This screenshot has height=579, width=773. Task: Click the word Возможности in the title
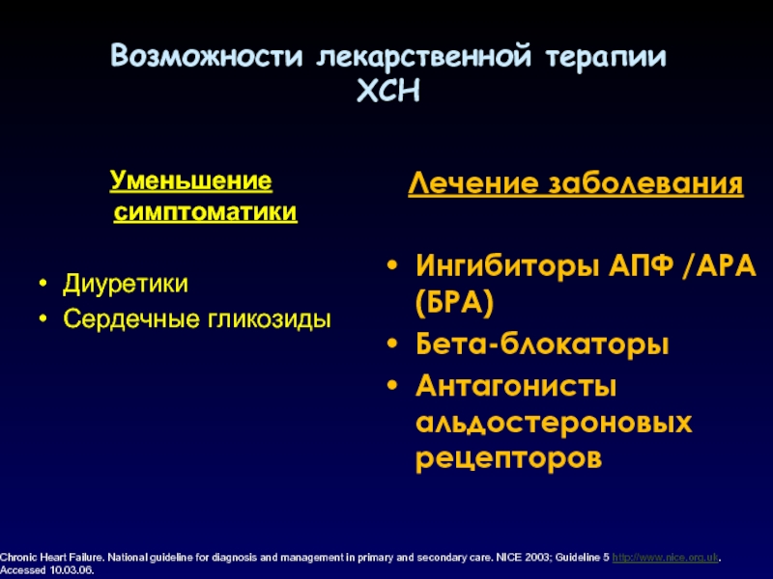pyautogui.click(x=206, y=55)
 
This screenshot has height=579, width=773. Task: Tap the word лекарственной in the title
pyautogui.click(x=424, y=57)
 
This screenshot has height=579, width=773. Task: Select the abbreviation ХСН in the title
pyautogui.click(x=388, y=91)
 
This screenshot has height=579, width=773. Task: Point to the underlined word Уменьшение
pyautogui.click(x=190, y=180)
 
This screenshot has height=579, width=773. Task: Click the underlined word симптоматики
pyautogui.click(x=205, y=212)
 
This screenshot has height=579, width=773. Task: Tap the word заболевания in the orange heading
pyautogui.click(x=645, y=183)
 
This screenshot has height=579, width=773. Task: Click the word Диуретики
pyautogui.click(x=126, y=284)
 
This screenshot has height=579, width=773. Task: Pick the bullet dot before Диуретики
pyautogui.click(x=43, y=284)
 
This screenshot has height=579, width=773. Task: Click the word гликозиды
pyautogui.click(x=269, y=319)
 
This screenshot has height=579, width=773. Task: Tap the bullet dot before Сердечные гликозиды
pyautogui.click(x=43, y=319)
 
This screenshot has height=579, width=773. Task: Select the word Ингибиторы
pyautogui.click(x=507, y=266)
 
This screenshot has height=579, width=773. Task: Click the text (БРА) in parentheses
pyautogui.click(x=454, y=302)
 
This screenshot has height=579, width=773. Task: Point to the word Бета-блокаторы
pyautogui.click(x=542, y=345)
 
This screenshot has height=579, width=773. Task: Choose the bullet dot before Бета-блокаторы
pyautogui.click(x=392, y=344)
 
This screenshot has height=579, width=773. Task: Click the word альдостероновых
pyautogui.click(x=554, y=423)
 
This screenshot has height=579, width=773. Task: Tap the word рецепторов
pyautogui.click(x=509, y=459)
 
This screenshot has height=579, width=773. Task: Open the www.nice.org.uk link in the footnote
pyautogui.click(x=665, y=558)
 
